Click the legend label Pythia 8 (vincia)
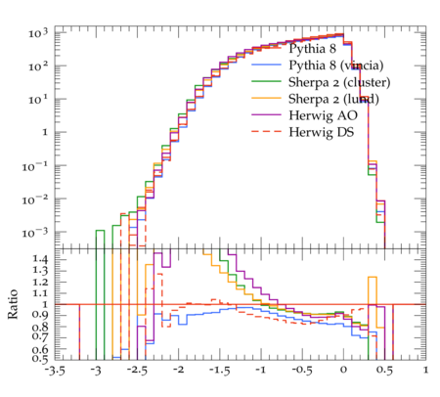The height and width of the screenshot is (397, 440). pyautogui.click(x=336, y=66)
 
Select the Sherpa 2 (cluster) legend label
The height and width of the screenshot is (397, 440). pyautogui.click(x=339, y=82)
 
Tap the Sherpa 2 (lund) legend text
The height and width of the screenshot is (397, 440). pyautogui.click(x=333, y=99)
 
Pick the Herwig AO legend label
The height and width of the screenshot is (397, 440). pyautogui.click(x=323, y=115)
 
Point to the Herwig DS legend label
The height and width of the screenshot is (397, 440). pyautogui.click(x=322, y=132)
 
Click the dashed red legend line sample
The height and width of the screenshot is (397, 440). pyautogui.click(x=266, y=131)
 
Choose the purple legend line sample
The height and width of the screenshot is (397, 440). pyautogui.click(x=266, y=114)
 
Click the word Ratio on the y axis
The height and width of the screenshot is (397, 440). pyautogui.click(x=13, y=304)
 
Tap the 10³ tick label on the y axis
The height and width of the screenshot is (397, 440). pyautogui.click(x=38, y=33)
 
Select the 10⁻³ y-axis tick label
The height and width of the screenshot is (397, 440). pyautogui.click(x=35, y=233)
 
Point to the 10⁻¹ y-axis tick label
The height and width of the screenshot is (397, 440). pyautogui.click(x=35, y=166)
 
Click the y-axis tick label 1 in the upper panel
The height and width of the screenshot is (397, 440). pyautogui.click(x=45, y=133)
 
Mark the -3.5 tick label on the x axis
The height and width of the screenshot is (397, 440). pyautogui.click(x=54, y=371)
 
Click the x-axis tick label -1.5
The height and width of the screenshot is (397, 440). pyautogui.click(x=219, y=371)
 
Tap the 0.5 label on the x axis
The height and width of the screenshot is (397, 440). pyautogui.click(x=384, y=371)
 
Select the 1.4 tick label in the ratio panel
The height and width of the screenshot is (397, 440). pyautogui.click(x=40, y=259)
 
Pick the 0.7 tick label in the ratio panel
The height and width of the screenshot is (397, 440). pyautogui.click(x=40, y=335)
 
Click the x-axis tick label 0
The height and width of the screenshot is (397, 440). pyautogui.click(x=343, y=371)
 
